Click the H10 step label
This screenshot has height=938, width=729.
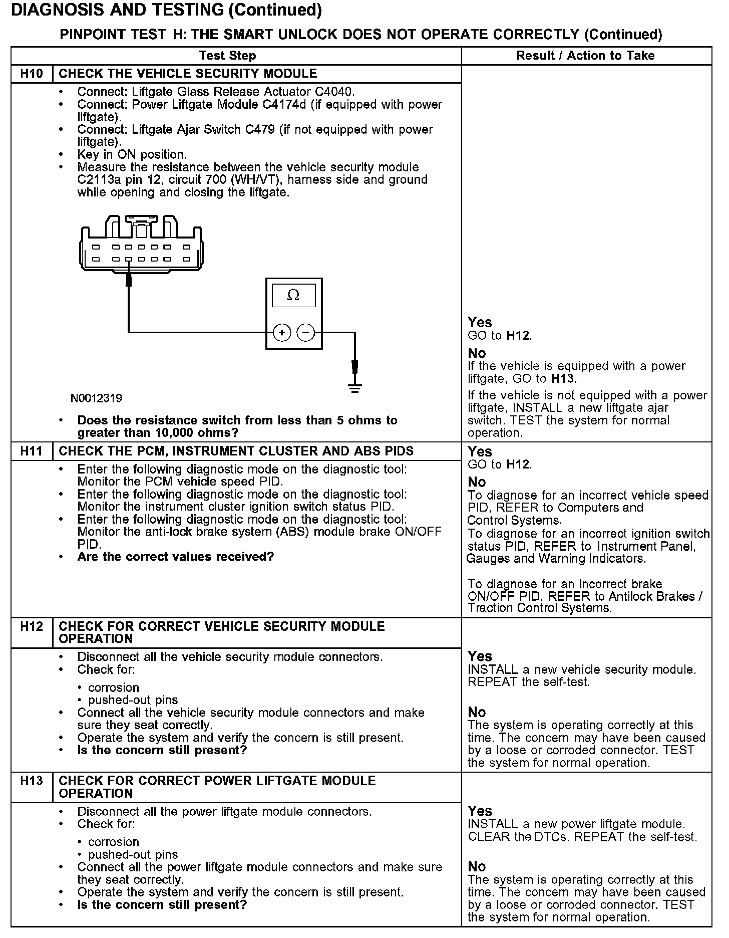pos(32,74)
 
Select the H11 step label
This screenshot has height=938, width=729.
pos(32,451)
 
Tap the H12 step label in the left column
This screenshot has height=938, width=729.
pos(32,626)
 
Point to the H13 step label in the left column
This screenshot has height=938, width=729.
pos(32,781)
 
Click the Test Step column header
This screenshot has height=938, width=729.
pos(227,56)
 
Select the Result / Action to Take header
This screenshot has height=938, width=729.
pos(585,56)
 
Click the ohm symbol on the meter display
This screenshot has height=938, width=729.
pos(293,296)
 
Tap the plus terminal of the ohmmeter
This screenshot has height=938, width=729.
pos(282,333)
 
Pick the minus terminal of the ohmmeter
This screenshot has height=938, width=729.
pos(306,333)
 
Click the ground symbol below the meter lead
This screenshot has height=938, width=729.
pos(355,387)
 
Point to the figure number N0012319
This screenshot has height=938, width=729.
pos(96,398)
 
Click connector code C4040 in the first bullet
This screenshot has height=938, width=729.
pos(334,92)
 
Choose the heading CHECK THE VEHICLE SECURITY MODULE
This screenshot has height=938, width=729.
pos(188,74)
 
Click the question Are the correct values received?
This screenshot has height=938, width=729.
pos(175,557)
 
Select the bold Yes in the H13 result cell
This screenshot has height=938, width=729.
pos(480,811)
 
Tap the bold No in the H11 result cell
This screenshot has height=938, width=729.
pos(477,482)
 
